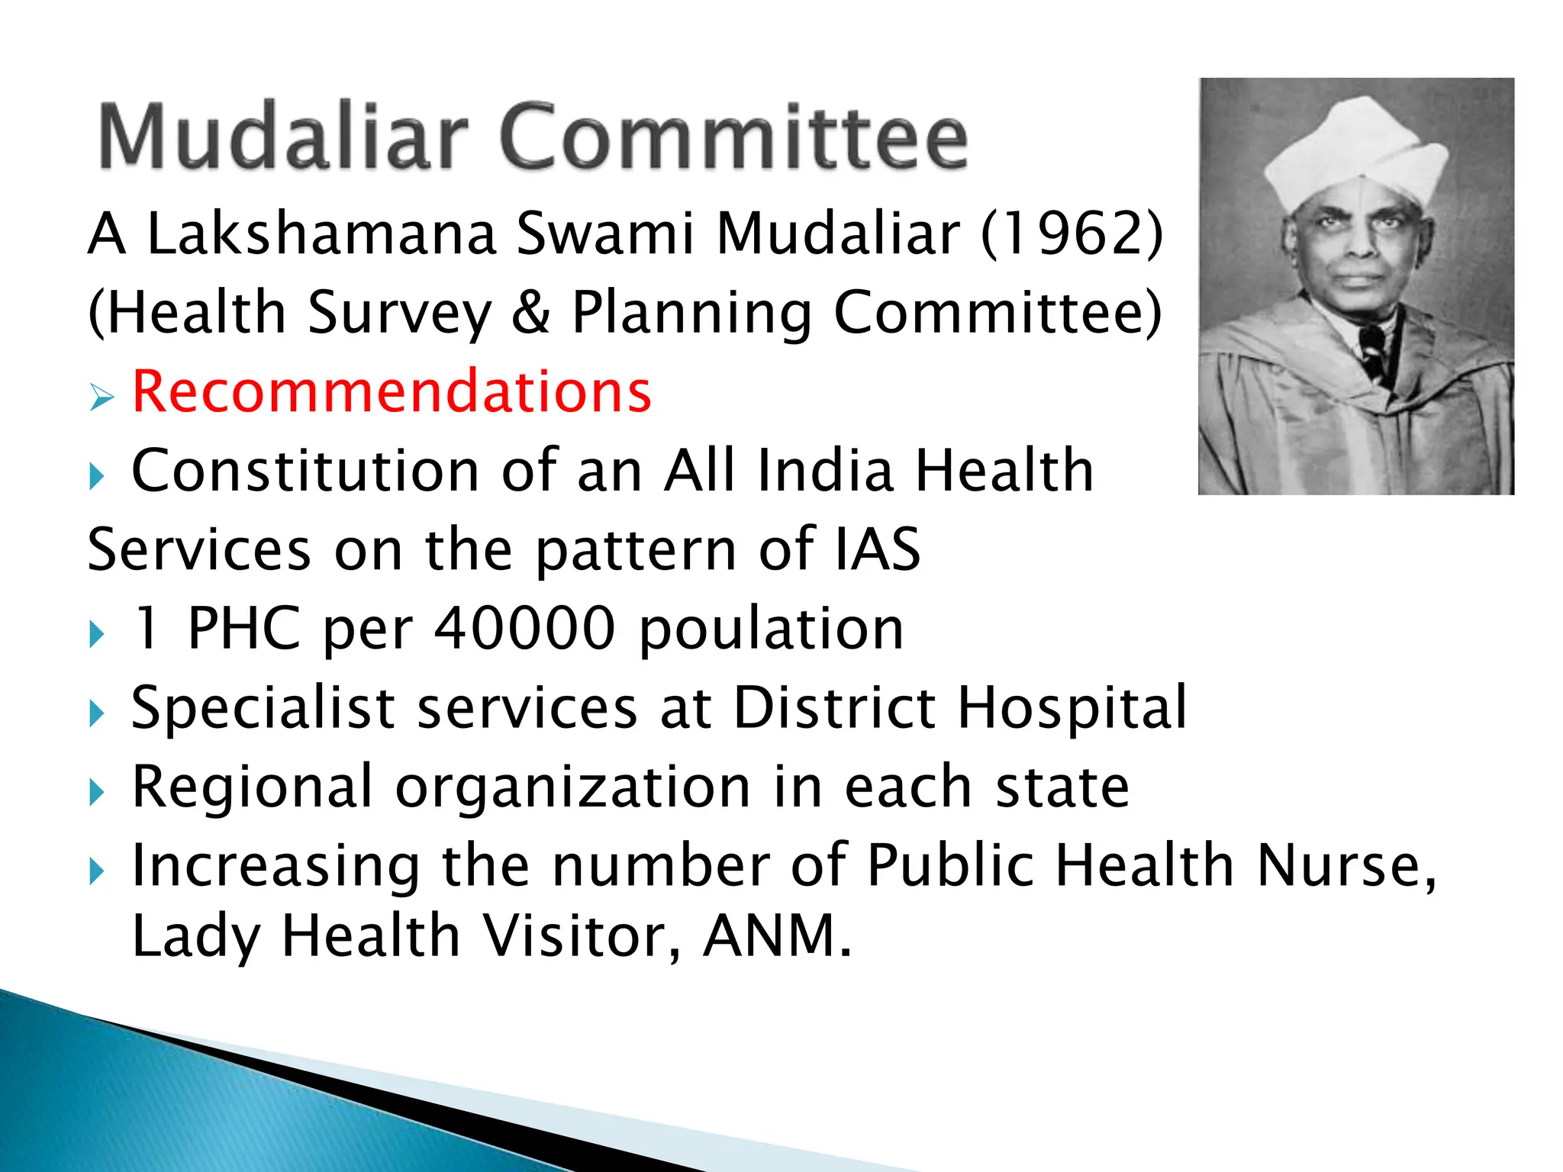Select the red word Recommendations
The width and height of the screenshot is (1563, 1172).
point(392,391)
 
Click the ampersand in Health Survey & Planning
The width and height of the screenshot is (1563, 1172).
point(531,313)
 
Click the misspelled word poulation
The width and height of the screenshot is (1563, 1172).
point(771,630)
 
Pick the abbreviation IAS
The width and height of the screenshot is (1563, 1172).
point(878,549)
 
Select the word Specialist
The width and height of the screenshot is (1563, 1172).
point(263,708)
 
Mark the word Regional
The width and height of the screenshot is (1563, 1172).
point(252,787)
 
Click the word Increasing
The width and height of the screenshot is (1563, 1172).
point(275,866)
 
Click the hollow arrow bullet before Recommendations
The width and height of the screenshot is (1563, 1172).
point(101,397)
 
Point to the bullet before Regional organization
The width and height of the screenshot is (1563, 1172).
point(96,792)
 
